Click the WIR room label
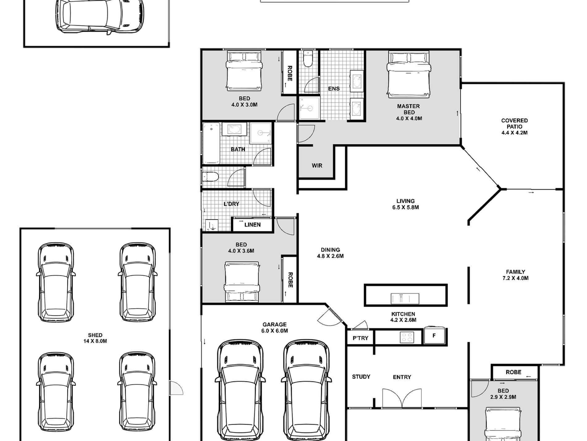pos(317,166)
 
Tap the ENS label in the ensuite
pos(334,89)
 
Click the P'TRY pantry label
pos(360,338)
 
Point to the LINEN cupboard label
pos(252,225)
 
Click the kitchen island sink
pos(405,299)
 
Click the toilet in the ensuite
pos(308,59)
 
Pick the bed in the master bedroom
pos(409,75)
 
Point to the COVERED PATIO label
pos(514,123)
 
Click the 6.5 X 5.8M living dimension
pos(406,207)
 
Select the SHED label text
pos(95,335)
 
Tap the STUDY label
pos(361,377)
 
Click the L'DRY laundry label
pos(231,204)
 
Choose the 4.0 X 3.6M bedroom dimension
pos(241,251)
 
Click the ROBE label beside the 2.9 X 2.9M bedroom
pos(513,372)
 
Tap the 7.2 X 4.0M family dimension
pos(516,278)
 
